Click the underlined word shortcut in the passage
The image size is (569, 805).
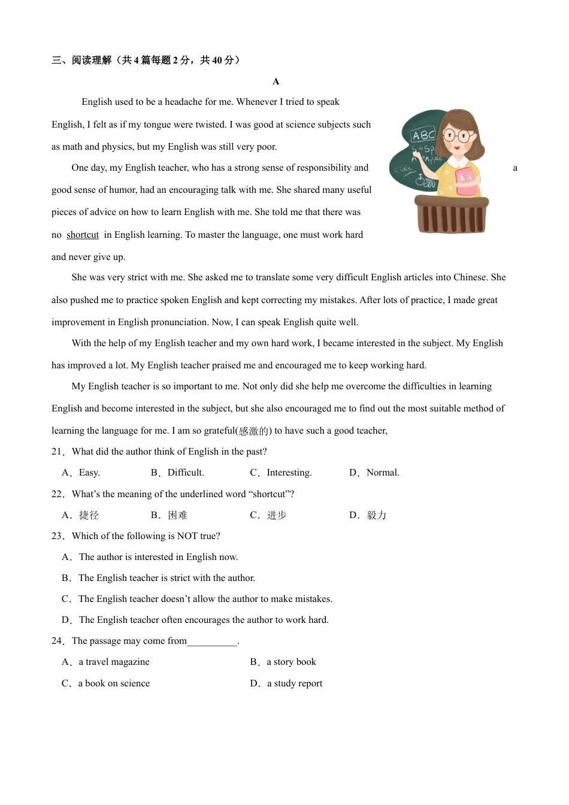click(83, 235)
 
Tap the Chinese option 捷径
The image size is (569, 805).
click(89, 515)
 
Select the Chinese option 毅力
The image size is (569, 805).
click(376, 515)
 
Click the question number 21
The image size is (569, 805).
click(57, 452)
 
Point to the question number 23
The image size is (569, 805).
click(57, 536)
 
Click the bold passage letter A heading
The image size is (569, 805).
click(276, 81)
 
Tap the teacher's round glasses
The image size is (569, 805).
click(458, 135)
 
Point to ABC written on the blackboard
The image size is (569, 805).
click(423, 135)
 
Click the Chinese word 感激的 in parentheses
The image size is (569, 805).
click(254, 431)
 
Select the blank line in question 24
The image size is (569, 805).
click(213, 642)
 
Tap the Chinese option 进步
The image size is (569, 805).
click(276, 515)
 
